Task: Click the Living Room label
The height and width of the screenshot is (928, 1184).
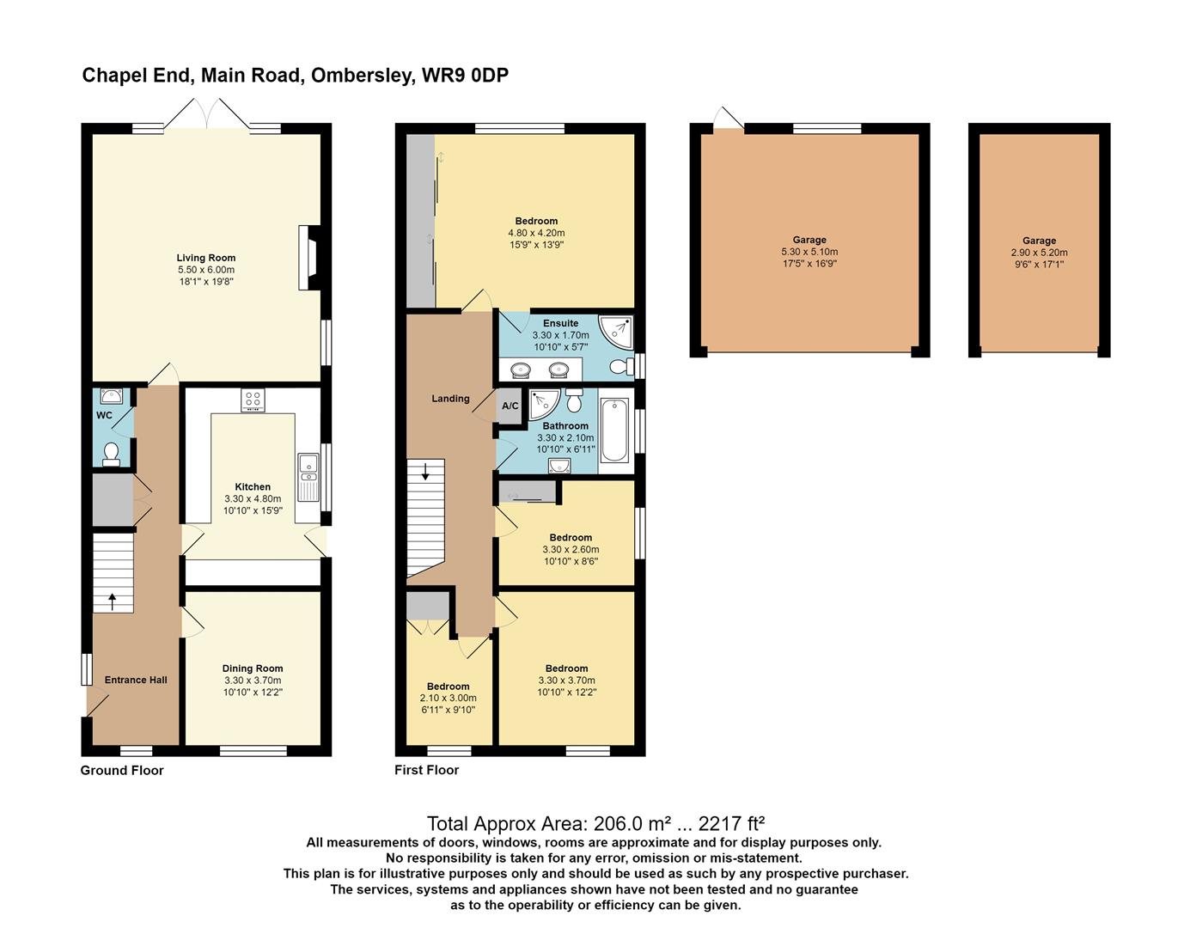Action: (x=206, y=258)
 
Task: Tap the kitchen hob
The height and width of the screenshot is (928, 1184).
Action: (x=253, y=400)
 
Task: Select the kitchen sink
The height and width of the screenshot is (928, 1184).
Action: (x=308, y=478)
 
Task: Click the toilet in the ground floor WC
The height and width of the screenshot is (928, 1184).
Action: (x=112, y=455)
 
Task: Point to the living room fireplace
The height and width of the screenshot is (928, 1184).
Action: (x=309, y=258)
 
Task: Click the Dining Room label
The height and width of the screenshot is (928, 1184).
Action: (x=253, y=668)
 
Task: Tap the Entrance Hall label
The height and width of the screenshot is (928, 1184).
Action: (x=136, y=680)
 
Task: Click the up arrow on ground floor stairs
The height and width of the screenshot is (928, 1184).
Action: (x=113, y=601)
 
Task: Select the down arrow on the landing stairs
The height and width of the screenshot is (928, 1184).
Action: (x=425, y=472)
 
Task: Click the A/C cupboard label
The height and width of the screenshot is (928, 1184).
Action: (x=510, y=406)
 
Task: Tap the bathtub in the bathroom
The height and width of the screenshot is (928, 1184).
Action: (x=614, y=430)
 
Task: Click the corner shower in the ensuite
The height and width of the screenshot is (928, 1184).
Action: (x=616, y=332)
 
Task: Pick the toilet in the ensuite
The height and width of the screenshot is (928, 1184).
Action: (x=622, y=366)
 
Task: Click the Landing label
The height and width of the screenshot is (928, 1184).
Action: (x=450, y=399)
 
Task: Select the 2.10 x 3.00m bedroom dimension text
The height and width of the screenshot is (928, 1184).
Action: (x=448, y=698)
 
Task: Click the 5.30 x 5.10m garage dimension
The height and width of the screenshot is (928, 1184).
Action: (x=809, y=252)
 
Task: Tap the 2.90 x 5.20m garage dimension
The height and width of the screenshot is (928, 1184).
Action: (x=1039, y=253)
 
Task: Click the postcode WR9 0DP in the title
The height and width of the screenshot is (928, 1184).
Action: (x=465, y=76)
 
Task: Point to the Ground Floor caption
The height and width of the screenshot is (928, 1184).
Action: (x=122, y=770)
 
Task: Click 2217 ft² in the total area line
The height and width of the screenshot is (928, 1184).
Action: (x=732, y=822)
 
